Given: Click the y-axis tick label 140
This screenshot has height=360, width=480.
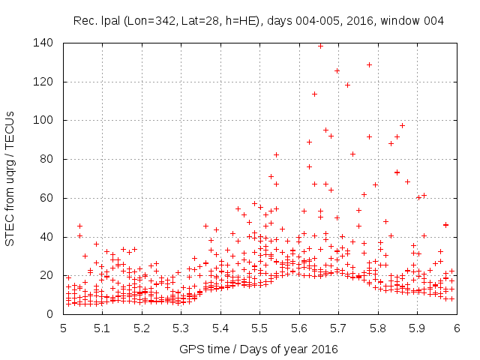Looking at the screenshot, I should point(47,43).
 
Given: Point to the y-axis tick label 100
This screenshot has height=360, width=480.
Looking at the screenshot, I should point(47,120).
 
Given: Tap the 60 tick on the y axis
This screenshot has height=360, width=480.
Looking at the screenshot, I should point(50,198).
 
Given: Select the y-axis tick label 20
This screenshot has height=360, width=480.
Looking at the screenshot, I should point(50,275).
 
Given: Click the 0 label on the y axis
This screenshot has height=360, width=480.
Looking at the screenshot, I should point(53,314).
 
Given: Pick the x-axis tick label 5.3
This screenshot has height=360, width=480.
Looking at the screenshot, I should point(181,328).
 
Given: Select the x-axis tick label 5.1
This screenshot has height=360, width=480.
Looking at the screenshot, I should point(102,328).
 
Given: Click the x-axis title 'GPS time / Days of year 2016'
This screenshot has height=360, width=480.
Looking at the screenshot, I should point(258,349).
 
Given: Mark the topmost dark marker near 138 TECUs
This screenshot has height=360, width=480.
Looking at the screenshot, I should point(320,46).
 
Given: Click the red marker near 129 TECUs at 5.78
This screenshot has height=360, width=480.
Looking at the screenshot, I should point(369,64).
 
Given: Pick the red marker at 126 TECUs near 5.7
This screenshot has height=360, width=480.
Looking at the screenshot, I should point(337,70).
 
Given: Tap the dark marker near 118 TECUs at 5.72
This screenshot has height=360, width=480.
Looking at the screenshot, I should point(347,85).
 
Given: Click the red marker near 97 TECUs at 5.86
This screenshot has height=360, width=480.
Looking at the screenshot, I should point(402,125).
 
